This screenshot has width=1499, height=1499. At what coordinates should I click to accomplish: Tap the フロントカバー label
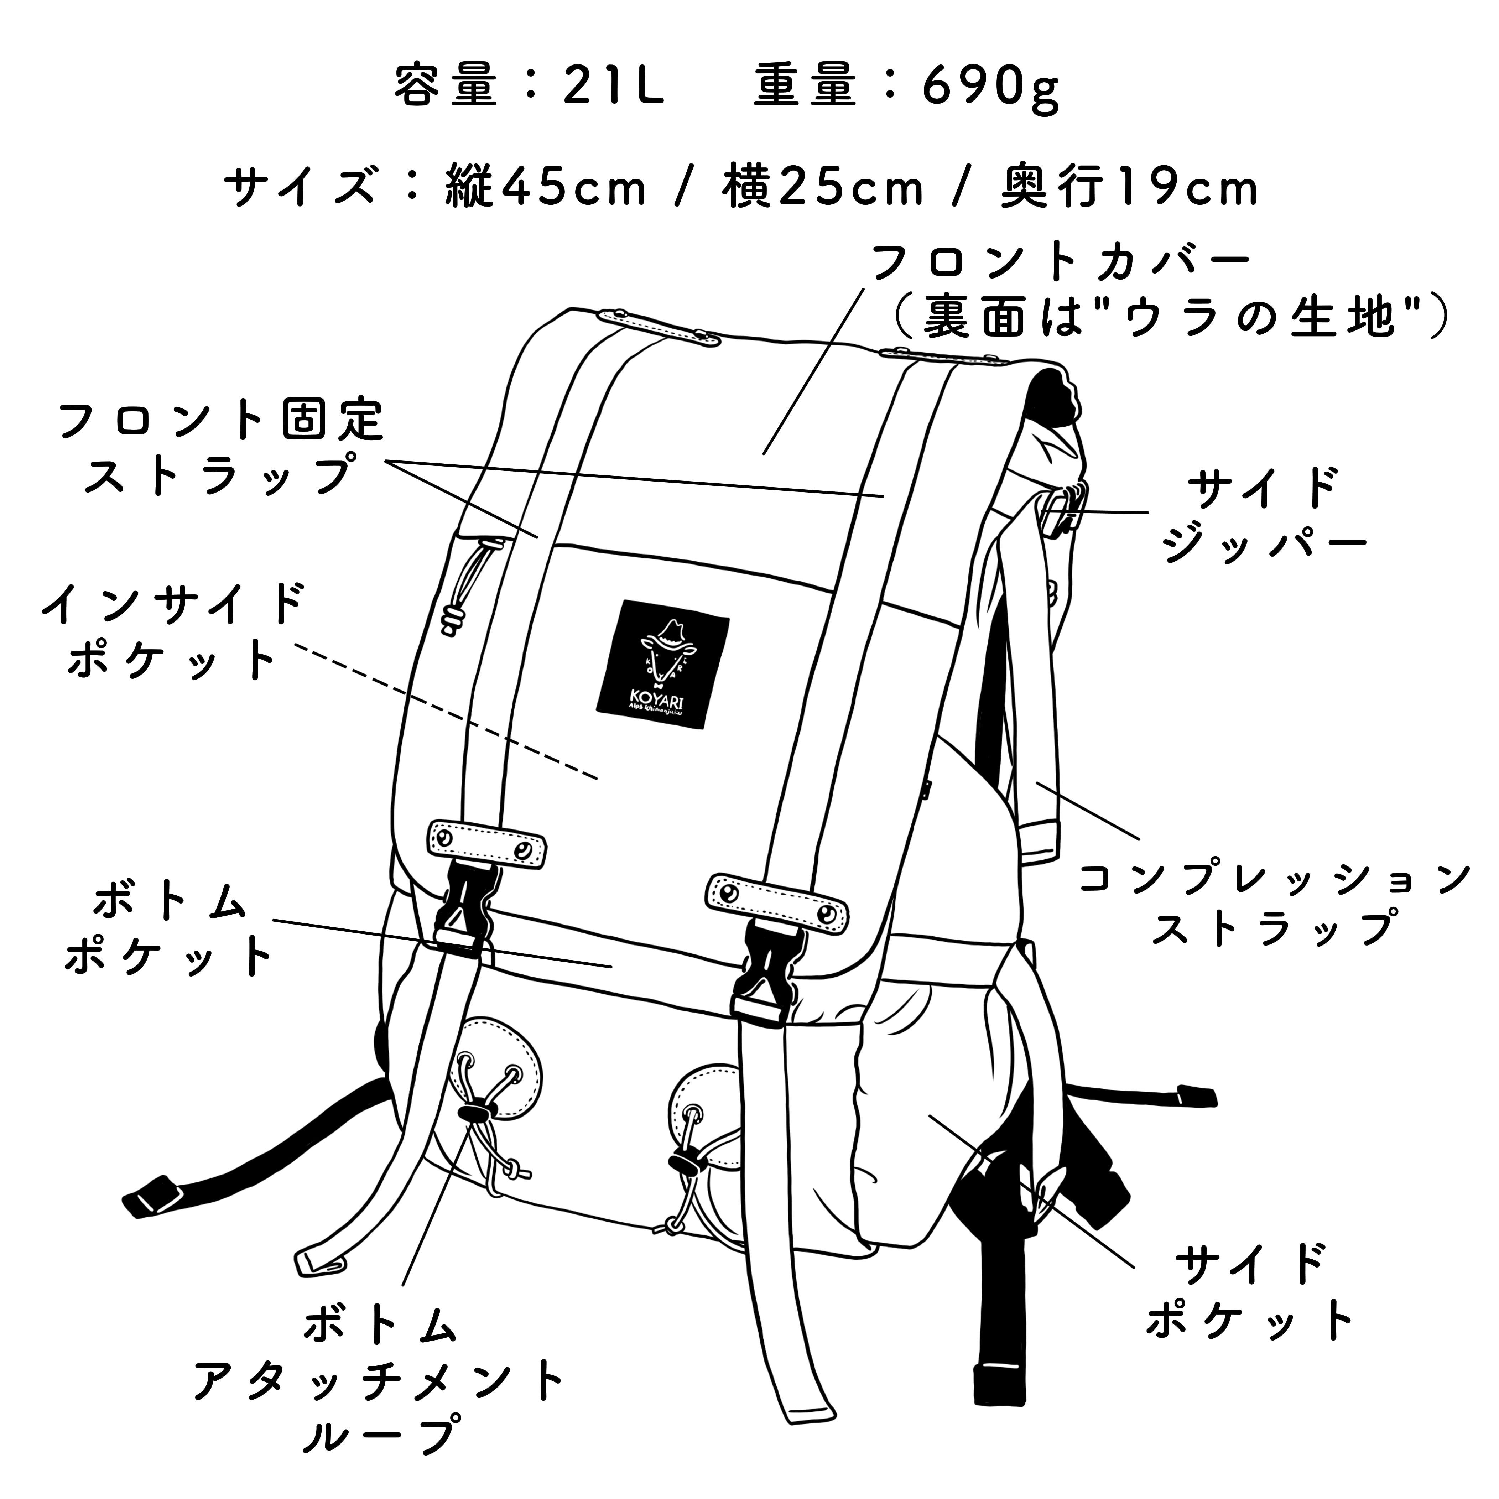point(1061,264)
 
